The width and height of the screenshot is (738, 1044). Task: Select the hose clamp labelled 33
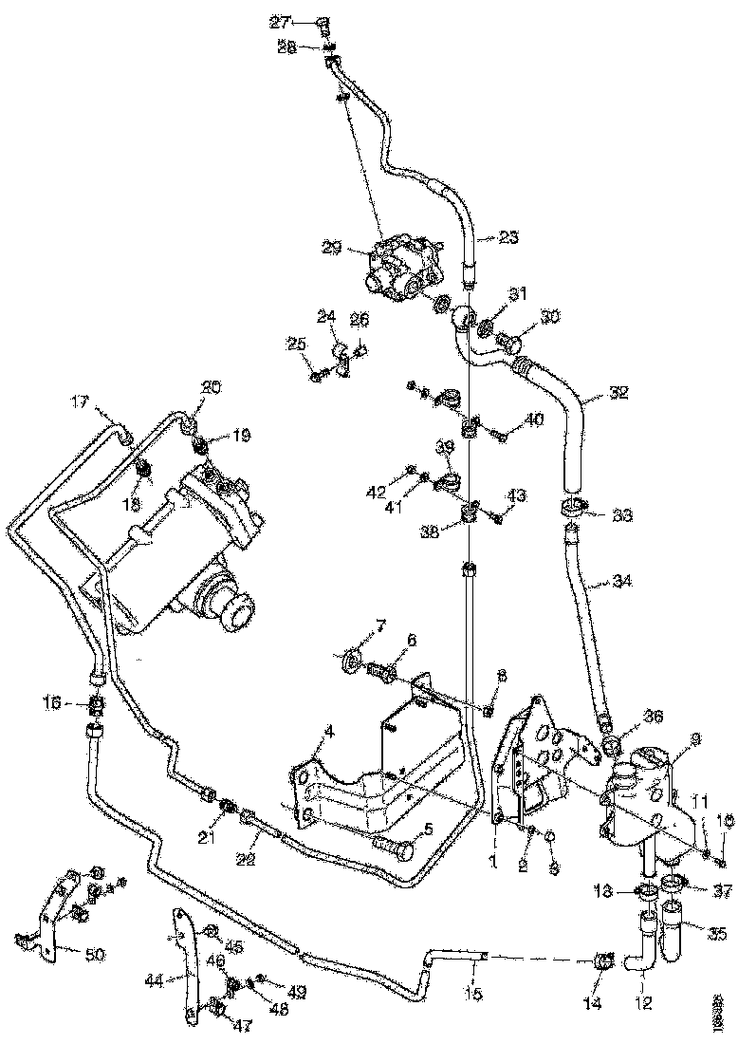point(572,509)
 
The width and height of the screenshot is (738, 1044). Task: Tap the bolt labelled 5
point(391,846)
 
